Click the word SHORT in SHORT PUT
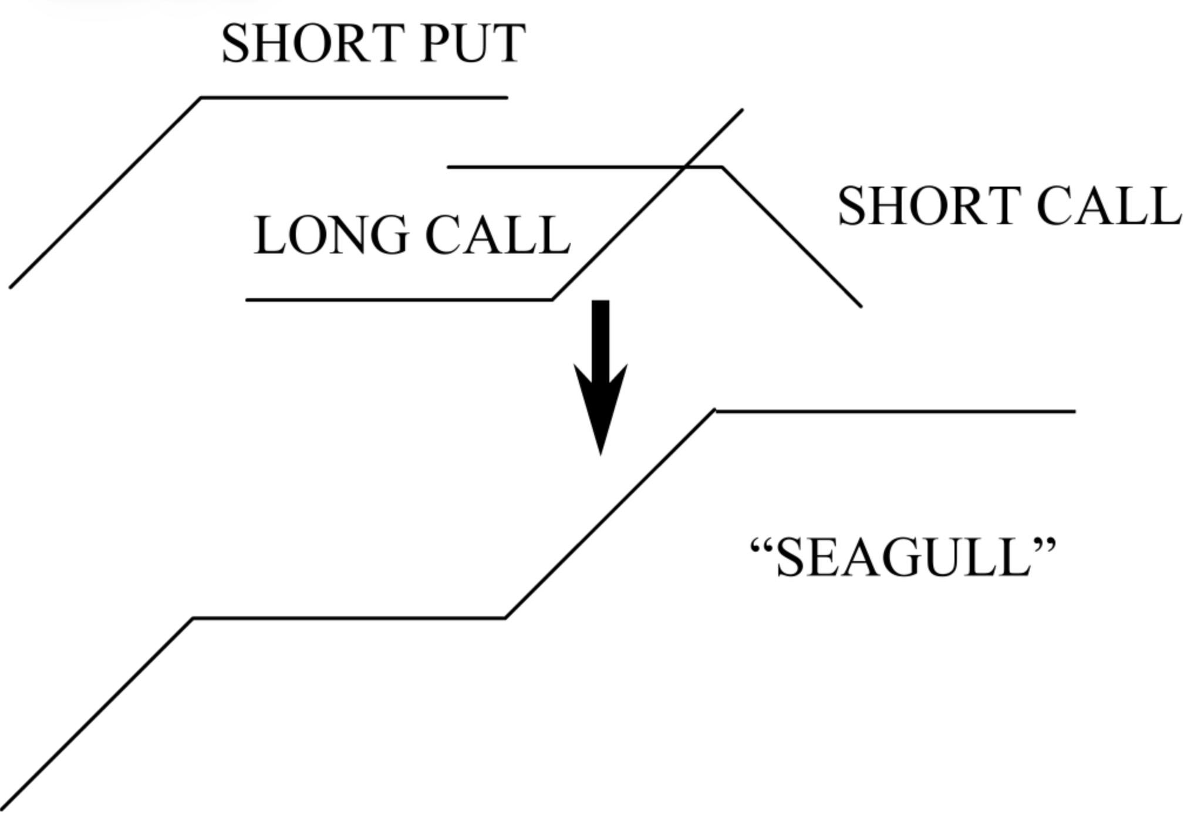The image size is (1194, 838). click(x=311, y=43)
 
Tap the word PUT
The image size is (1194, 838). click(x=473, y=43)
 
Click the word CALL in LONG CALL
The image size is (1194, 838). click(x=498, y=235)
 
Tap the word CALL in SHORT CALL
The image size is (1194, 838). click(x=1109, y=206)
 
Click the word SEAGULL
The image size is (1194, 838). click(x=904, y=557)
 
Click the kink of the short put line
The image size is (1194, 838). click(x=201, y=98)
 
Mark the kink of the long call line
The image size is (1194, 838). click(x=552, y=299)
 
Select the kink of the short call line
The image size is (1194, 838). click(x=722, y=168)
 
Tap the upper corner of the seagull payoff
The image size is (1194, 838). click(x=715, y=411)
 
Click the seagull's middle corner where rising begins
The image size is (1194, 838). click(x=505, y=617)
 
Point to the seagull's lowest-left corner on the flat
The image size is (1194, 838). click(x=193, y=618)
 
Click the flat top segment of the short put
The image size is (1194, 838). click(x=352, y=97)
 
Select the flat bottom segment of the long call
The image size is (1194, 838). click(x=399, y=300)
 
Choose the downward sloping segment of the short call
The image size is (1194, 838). click(x=792, y=238)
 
